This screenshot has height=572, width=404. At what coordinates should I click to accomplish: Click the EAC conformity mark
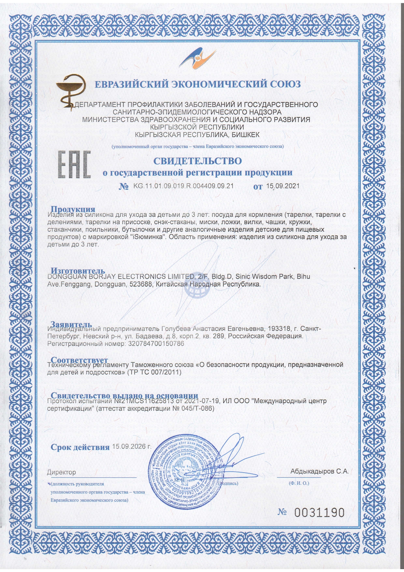(x=74, y=164)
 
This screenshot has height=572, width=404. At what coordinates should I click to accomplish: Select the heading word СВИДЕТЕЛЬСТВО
(x=197, y=161)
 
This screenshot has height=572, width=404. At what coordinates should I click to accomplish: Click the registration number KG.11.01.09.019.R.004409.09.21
(x=183, y=186)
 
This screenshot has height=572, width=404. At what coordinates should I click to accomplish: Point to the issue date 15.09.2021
(x=282, y=186)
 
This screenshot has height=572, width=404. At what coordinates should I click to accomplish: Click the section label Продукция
(x=73, y=209)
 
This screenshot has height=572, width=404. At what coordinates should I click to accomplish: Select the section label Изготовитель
(x=78, y=271)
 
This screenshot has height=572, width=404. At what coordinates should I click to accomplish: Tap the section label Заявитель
(x=71, y=324)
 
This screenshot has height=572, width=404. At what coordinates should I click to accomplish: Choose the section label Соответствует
(x=79, y=360)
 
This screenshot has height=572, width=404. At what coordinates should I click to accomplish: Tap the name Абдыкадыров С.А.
(x=319, y=471)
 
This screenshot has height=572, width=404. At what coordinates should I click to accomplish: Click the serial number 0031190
(x=319, y=513)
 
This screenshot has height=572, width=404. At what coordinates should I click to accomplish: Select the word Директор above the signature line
(x=61, y=472)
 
